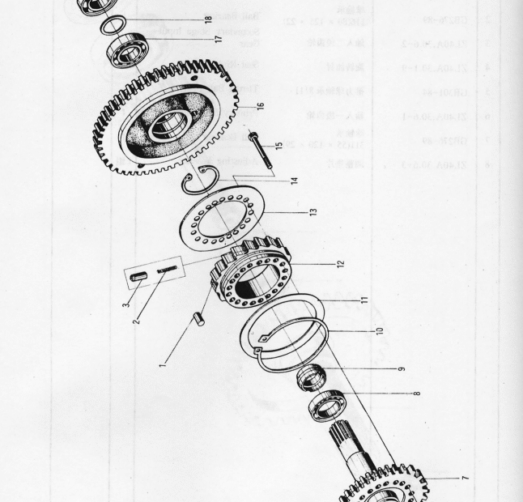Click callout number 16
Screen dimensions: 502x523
click(260, 104)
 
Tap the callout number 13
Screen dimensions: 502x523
click(312, 211)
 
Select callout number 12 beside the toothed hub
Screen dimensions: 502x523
click(340, 263)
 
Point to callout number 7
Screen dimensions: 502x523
click(465, 478)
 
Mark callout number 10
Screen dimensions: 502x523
click(379, 331)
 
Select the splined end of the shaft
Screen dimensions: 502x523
click(342, 445)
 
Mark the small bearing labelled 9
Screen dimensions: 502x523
click(309, 377)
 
